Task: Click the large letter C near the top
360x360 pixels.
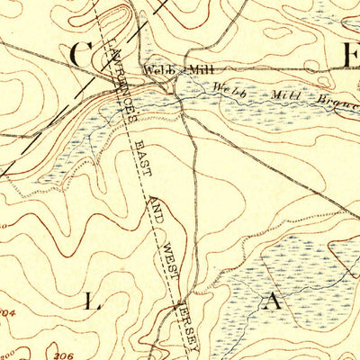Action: pyautogui.click(x=78, y=54)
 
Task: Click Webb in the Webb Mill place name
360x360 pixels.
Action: pyautogui.click(x=154, y=70)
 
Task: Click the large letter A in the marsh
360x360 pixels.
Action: pyautogui.click(x=272, y=304)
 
